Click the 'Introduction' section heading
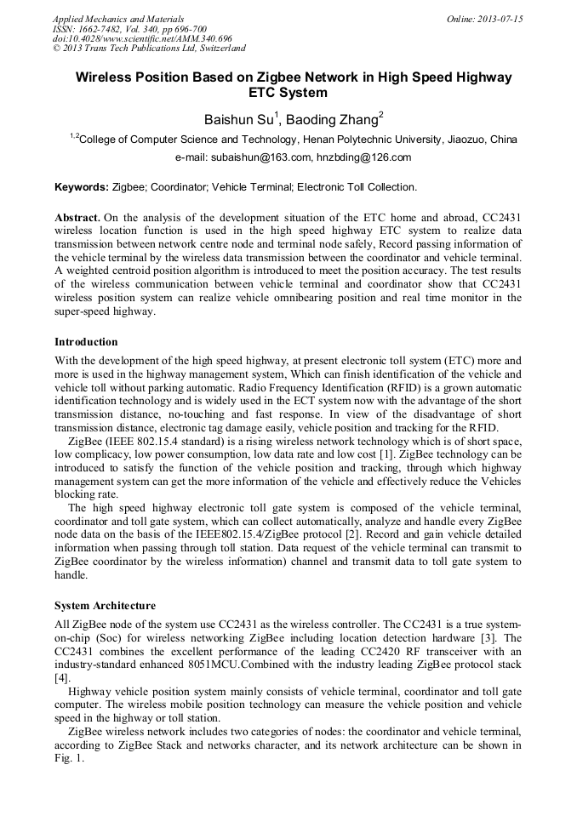tap(86, 342)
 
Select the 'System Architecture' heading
tap(105, 606)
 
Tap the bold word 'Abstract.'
tap(77, 217)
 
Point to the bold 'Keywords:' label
tap(82, 186)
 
